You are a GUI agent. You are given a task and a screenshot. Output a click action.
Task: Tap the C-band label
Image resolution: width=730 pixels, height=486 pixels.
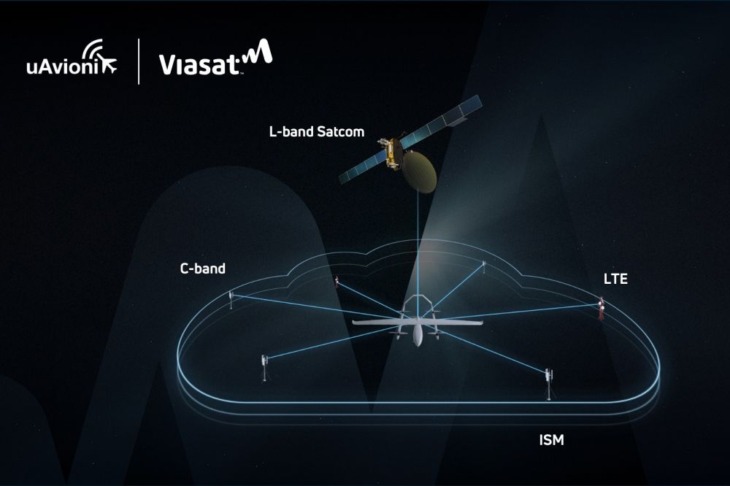[202, 269]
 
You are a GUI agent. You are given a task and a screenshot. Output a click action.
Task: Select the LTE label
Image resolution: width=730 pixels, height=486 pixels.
[615, 279]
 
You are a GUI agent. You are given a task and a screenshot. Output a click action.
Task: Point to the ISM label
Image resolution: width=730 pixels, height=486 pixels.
[551, 440]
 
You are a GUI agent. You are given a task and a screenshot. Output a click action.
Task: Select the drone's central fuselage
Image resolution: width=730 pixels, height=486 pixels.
[417, 332]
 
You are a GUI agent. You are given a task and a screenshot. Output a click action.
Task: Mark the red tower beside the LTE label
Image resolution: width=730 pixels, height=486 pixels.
[602, 309]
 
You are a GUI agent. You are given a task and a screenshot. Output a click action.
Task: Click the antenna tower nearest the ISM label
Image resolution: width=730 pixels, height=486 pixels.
[547, 383]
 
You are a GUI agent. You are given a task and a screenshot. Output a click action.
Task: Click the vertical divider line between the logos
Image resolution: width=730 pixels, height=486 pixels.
[139, 61]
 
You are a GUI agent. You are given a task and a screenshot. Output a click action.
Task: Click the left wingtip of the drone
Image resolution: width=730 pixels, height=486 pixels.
[354, 322]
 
